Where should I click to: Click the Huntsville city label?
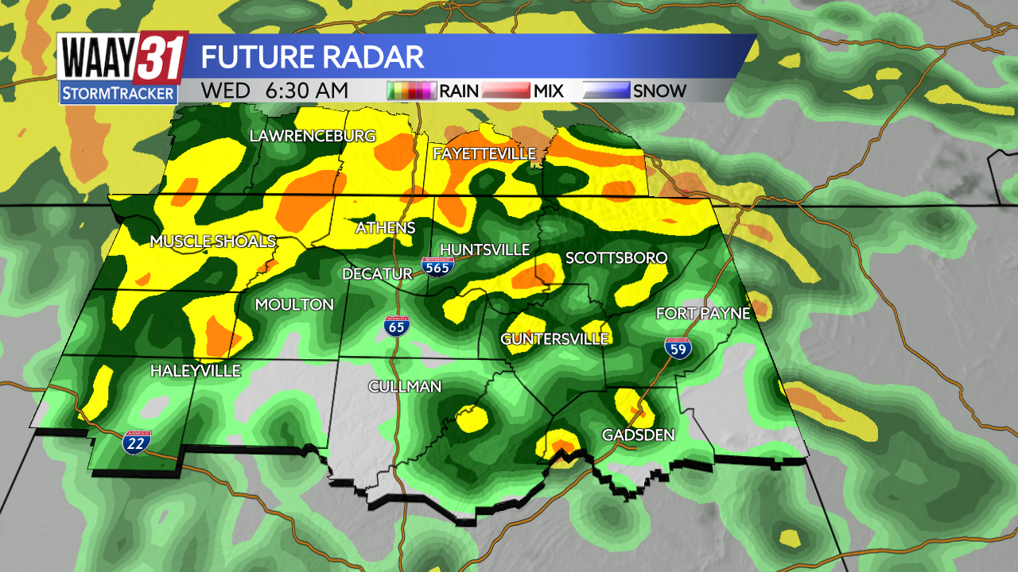(484, 250)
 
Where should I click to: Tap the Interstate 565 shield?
(437, 266)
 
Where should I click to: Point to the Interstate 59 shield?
(678, 347)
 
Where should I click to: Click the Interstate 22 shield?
(134, 443)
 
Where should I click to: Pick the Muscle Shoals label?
(213, 242)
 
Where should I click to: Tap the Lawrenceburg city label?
(313, 137)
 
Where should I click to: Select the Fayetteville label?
(484, 153)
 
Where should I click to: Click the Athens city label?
(385, 228)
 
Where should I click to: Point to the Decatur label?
(377, 274)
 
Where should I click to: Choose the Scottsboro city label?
(616, 258)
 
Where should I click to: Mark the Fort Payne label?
(703, 314)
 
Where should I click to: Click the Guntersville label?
(554, 339)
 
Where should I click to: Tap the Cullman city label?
(404, 387)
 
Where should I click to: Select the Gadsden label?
(638, 435)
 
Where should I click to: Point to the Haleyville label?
(195, 371)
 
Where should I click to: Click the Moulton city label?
(294, 305)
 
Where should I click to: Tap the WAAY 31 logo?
(122, 68)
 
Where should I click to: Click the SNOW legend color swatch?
(606, 91)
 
